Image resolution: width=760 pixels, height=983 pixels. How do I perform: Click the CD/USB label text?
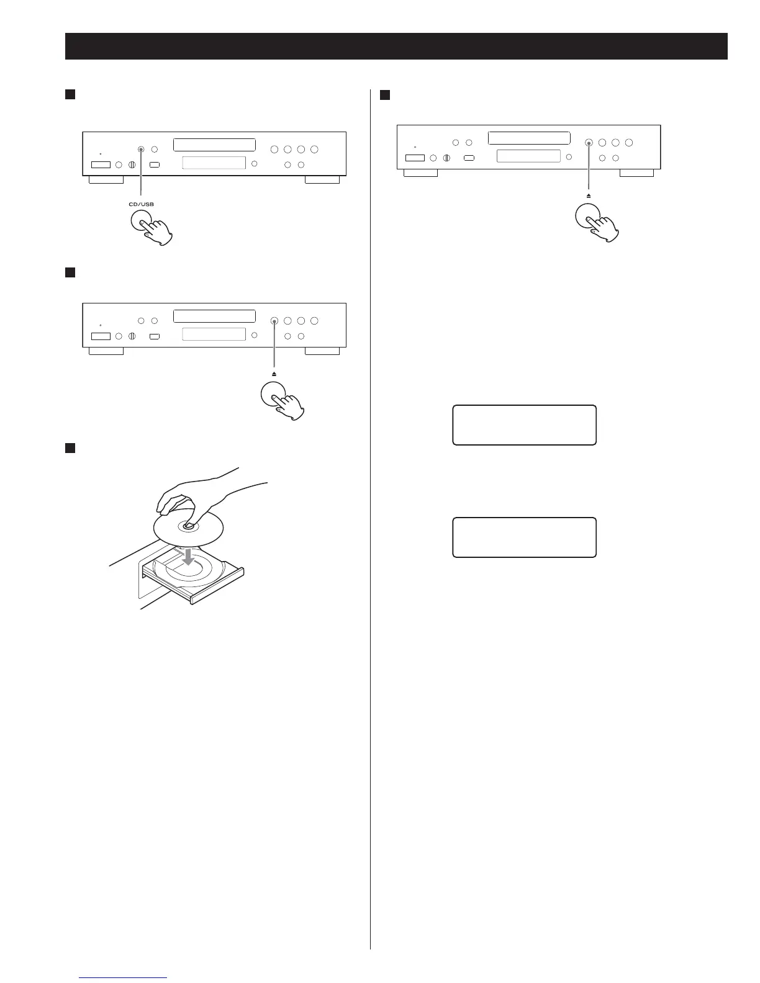142,204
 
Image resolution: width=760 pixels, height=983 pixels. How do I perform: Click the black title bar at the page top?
396,47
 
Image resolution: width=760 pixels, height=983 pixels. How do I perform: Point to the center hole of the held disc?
188,526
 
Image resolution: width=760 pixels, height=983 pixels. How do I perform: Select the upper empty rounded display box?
524,425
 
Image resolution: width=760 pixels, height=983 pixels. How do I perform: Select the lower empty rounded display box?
524,537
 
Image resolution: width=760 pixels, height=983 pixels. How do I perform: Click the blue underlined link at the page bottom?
124,977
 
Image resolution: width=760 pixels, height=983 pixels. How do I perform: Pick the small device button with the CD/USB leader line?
142,149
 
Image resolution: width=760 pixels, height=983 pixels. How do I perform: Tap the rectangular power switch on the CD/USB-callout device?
101,164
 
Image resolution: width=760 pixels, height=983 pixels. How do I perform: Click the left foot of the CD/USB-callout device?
106,179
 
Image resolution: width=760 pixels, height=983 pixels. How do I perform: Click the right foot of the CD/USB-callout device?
322,179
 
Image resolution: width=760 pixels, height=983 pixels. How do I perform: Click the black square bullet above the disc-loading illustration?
70,448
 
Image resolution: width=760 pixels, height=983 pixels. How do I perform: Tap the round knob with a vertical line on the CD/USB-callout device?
132,164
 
